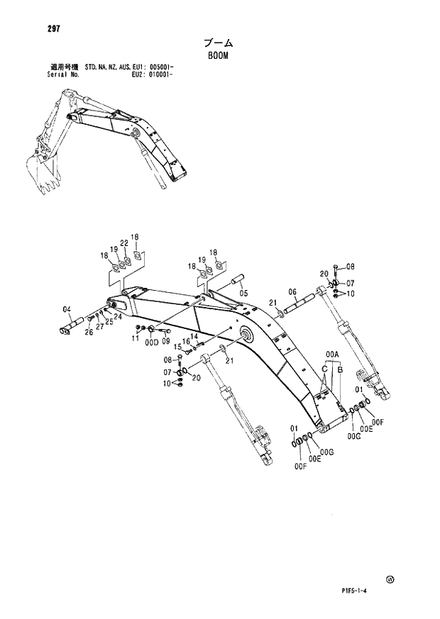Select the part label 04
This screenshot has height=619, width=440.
click(67, 309)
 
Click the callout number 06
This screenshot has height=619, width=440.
click(292, 292)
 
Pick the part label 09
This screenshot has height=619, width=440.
click(166, 341)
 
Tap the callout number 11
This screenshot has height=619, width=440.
click(135, 339)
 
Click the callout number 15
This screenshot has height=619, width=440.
click(179, 346)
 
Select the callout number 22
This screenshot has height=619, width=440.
click(123, 242)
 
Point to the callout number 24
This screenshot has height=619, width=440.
click(118, 317)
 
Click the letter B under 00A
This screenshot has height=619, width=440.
click(340, 369)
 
